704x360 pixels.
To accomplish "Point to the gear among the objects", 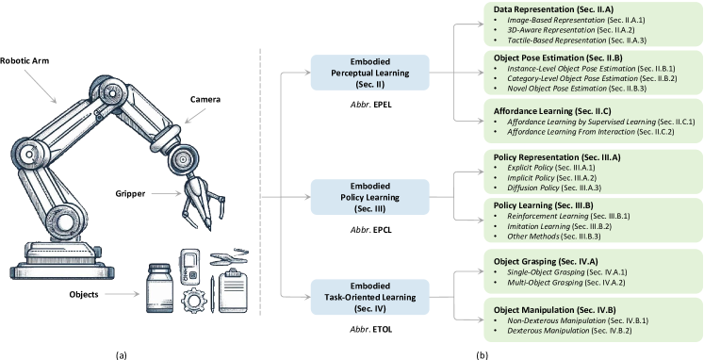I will (196, 303).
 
